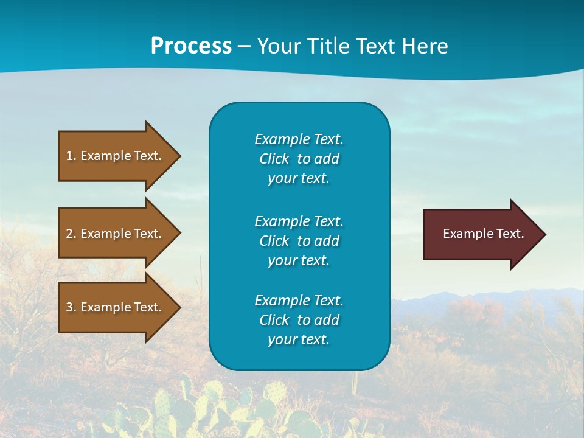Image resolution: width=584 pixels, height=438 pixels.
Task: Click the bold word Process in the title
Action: tap(191, 46)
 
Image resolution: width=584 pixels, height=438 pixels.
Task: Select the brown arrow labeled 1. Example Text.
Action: tap(116, 156)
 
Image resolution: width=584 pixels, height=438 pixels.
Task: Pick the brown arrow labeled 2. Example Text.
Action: tap(116, 234)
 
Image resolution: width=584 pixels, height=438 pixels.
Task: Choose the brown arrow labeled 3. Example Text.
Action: tap(116, 307)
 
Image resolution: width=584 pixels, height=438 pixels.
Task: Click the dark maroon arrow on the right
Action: tap(481, 234)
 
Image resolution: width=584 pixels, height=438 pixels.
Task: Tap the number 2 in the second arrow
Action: tap(69, 234)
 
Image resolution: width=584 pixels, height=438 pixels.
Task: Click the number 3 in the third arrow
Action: tap(69, 307)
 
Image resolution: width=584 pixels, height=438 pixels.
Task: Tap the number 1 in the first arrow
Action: tap(69, 156)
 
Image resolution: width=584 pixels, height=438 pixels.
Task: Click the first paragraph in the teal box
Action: tap(299, 159)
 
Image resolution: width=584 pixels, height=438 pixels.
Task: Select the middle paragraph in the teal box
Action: tap(299, 240)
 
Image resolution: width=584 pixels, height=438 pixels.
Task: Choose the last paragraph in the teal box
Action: tap(299, 320)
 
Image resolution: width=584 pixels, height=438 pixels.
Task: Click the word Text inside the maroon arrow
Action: tap(510, 234)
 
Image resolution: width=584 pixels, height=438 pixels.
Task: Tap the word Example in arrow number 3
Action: tap(105, 307)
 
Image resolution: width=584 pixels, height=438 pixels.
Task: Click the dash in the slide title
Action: tap(244, 46)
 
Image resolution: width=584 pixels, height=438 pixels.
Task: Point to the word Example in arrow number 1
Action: tap(105, 156)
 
